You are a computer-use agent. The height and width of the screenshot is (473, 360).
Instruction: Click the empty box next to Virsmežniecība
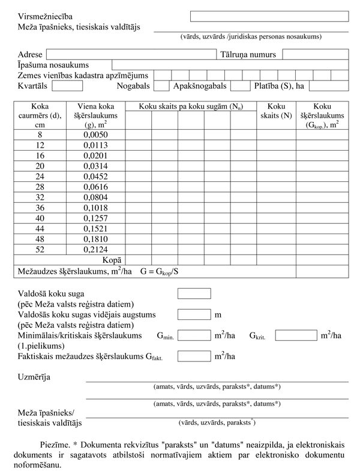[269, 16]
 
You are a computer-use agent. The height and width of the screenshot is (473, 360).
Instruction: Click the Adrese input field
[130, 54]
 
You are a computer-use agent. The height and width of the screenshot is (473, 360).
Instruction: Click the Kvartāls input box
[67, 86]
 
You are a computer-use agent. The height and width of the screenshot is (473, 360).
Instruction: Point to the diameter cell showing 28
[40, 188]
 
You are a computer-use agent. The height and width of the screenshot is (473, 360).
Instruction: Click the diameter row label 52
[40, 249]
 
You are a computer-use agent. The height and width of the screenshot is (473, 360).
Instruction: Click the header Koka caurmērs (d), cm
[40, 115]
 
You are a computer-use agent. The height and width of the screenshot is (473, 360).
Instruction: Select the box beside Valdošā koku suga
[194, 294]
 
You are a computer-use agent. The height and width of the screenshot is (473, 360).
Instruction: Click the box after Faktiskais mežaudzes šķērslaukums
[194, 356]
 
